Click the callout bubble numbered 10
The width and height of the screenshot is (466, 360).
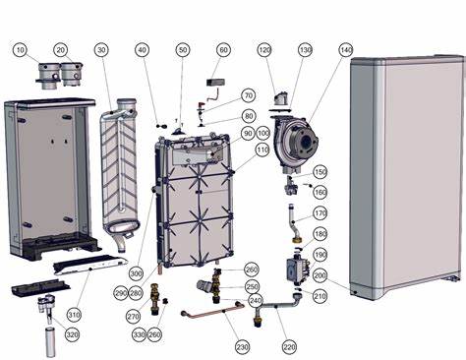click(22, 49)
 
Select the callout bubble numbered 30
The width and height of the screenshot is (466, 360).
click(101, 49)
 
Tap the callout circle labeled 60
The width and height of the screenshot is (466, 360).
click(222, 49)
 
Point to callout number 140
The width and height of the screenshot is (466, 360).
click(345, 49)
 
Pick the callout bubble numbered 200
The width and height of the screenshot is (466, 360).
click(320, 277)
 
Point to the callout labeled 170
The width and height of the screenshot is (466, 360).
click(320, 212)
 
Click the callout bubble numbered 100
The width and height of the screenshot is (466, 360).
click(263, 132)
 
